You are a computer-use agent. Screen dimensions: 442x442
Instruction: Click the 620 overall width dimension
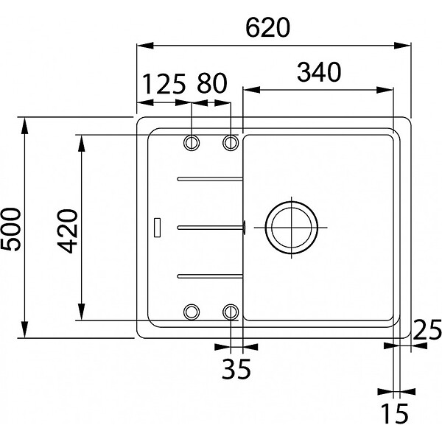(x=267, y=28)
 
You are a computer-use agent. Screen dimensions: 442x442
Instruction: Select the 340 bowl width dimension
(x=319, y=72)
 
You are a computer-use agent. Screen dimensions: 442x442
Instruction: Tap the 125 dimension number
(x=164, y=84)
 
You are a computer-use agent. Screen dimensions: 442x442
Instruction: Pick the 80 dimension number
(x=212, y=83)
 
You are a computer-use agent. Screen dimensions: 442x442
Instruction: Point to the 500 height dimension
(x=11, y=229)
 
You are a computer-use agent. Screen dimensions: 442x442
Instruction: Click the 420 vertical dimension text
(x=67, y=231)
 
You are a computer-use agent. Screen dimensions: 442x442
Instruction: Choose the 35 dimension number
(x=236, y=369)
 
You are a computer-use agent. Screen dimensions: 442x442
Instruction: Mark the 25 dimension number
(x=427, y=329)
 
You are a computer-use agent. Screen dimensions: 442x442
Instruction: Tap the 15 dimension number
(x=394, y=413)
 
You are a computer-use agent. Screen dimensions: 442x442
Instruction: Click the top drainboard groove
(x=210, y=179)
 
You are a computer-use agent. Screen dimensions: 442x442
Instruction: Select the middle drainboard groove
(x=210, y=227)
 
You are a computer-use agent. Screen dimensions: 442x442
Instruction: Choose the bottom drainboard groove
(x=210, y=276)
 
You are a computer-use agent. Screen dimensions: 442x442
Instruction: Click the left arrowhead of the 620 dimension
(x=145, y=46)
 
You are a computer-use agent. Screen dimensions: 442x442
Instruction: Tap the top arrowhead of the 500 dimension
(x=25, y=125)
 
